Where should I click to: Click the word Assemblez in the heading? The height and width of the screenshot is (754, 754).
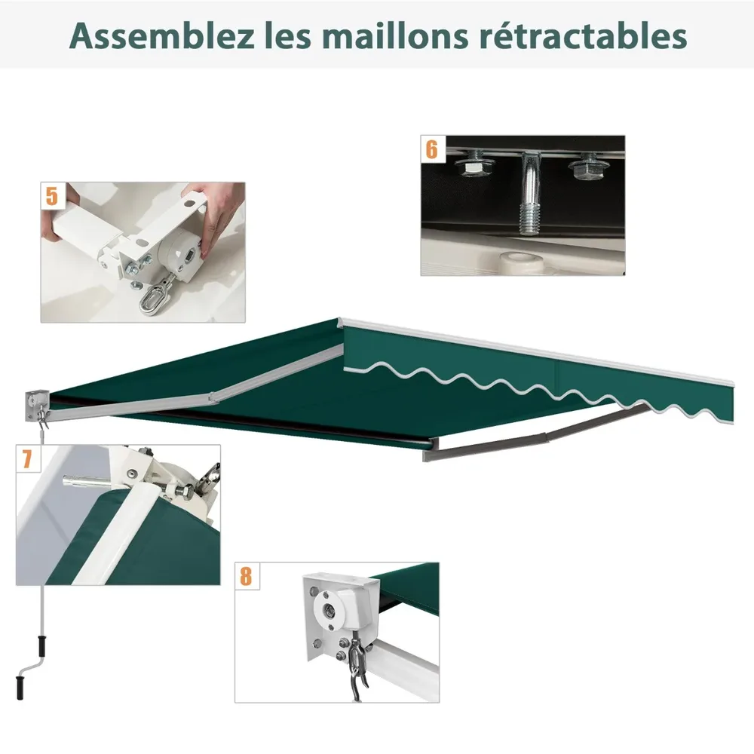161,35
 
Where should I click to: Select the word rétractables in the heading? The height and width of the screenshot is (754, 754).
583,35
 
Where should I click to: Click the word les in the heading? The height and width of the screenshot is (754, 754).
287,35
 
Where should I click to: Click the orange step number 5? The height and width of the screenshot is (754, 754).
52,196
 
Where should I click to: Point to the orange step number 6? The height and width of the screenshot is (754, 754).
432,149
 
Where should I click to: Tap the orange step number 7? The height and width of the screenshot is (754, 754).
27,459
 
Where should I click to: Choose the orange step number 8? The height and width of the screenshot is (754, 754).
247,576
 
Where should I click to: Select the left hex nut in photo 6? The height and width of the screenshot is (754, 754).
474,167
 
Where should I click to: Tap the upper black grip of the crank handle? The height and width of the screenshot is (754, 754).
42,645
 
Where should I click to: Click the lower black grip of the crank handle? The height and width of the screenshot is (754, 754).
20,688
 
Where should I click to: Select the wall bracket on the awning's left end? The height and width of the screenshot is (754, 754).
37,406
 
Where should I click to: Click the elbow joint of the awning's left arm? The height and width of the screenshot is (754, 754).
212,397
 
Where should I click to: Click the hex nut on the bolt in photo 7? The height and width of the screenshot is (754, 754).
184,491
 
